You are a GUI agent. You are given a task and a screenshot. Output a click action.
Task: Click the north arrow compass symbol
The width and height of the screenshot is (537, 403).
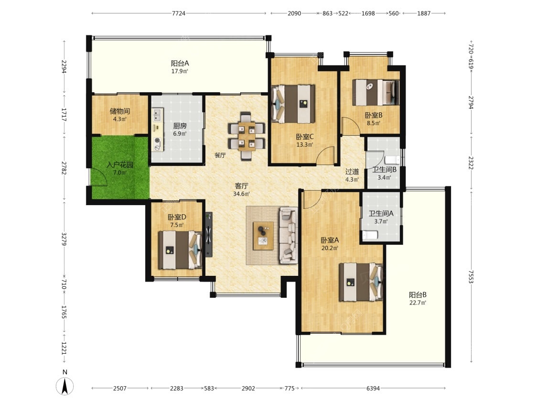(64, 385)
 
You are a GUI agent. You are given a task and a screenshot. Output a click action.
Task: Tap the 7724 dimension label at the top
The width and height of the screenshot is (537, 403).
(178, 13)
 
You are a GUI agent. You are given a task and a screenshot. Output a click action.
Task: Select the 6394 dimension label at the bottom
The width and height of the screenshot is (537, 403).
(373, 388)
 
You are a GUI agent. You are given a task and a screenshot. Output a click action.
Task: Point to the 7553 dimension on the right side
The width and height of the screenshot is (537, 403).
(471, 276)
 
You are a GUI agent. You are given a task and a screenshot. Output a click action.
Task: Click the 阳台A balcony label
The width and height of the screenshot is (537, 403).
(180, 63)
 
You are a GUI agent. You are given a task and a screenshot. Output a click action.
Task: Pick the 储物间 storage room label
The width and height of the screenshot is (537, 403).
(119, 111)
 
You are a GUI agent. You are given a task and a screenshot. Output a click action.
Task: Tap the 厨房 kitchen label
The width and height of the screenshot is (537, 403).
(180, 126)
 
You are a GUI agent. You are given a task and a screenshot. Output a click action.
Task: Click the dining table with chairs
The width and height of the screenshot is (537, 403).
(247, 136)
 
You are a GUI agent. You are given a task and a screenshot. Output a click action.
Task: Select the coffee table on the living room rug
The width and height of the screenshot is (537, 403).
(263, 236)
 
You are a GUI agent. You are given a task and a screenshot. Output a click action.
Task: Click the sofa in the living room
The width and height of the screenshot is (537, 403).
(289, 235)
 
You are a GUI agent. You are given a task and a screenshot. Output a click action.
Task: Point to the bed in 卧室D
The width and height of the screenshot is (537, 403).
(180, 250)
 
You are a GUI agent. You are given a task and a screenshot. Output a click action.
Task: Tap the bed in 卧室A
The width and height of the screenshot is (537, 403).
(361, 282)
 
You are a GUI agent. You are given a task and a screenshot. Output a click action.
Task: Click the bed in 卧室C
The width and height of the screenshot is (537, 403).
(293, 104)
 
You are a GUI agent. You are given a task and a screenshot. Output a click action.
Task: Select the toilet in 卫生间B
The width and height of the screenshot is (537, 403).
(392, 160)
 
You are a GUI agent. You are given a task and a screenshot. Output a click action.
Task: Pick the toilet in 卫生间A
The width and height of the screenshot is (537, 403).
(370, 235)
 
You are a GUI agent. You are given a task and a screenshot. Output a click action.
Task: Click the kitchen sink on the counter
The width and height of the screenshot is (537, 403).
(158, 115)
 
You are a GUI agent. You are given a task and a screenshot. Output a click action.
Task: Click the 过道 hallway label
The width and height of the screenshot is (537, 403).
(352, 171)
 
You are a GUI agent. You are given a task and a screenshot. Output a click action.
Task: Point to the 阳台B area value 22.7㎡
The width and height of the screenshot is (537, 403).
(418, 303)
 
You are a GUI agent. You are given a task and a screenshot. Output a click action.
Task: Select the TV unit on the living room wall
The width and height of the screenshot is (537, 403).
(209, 234)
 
